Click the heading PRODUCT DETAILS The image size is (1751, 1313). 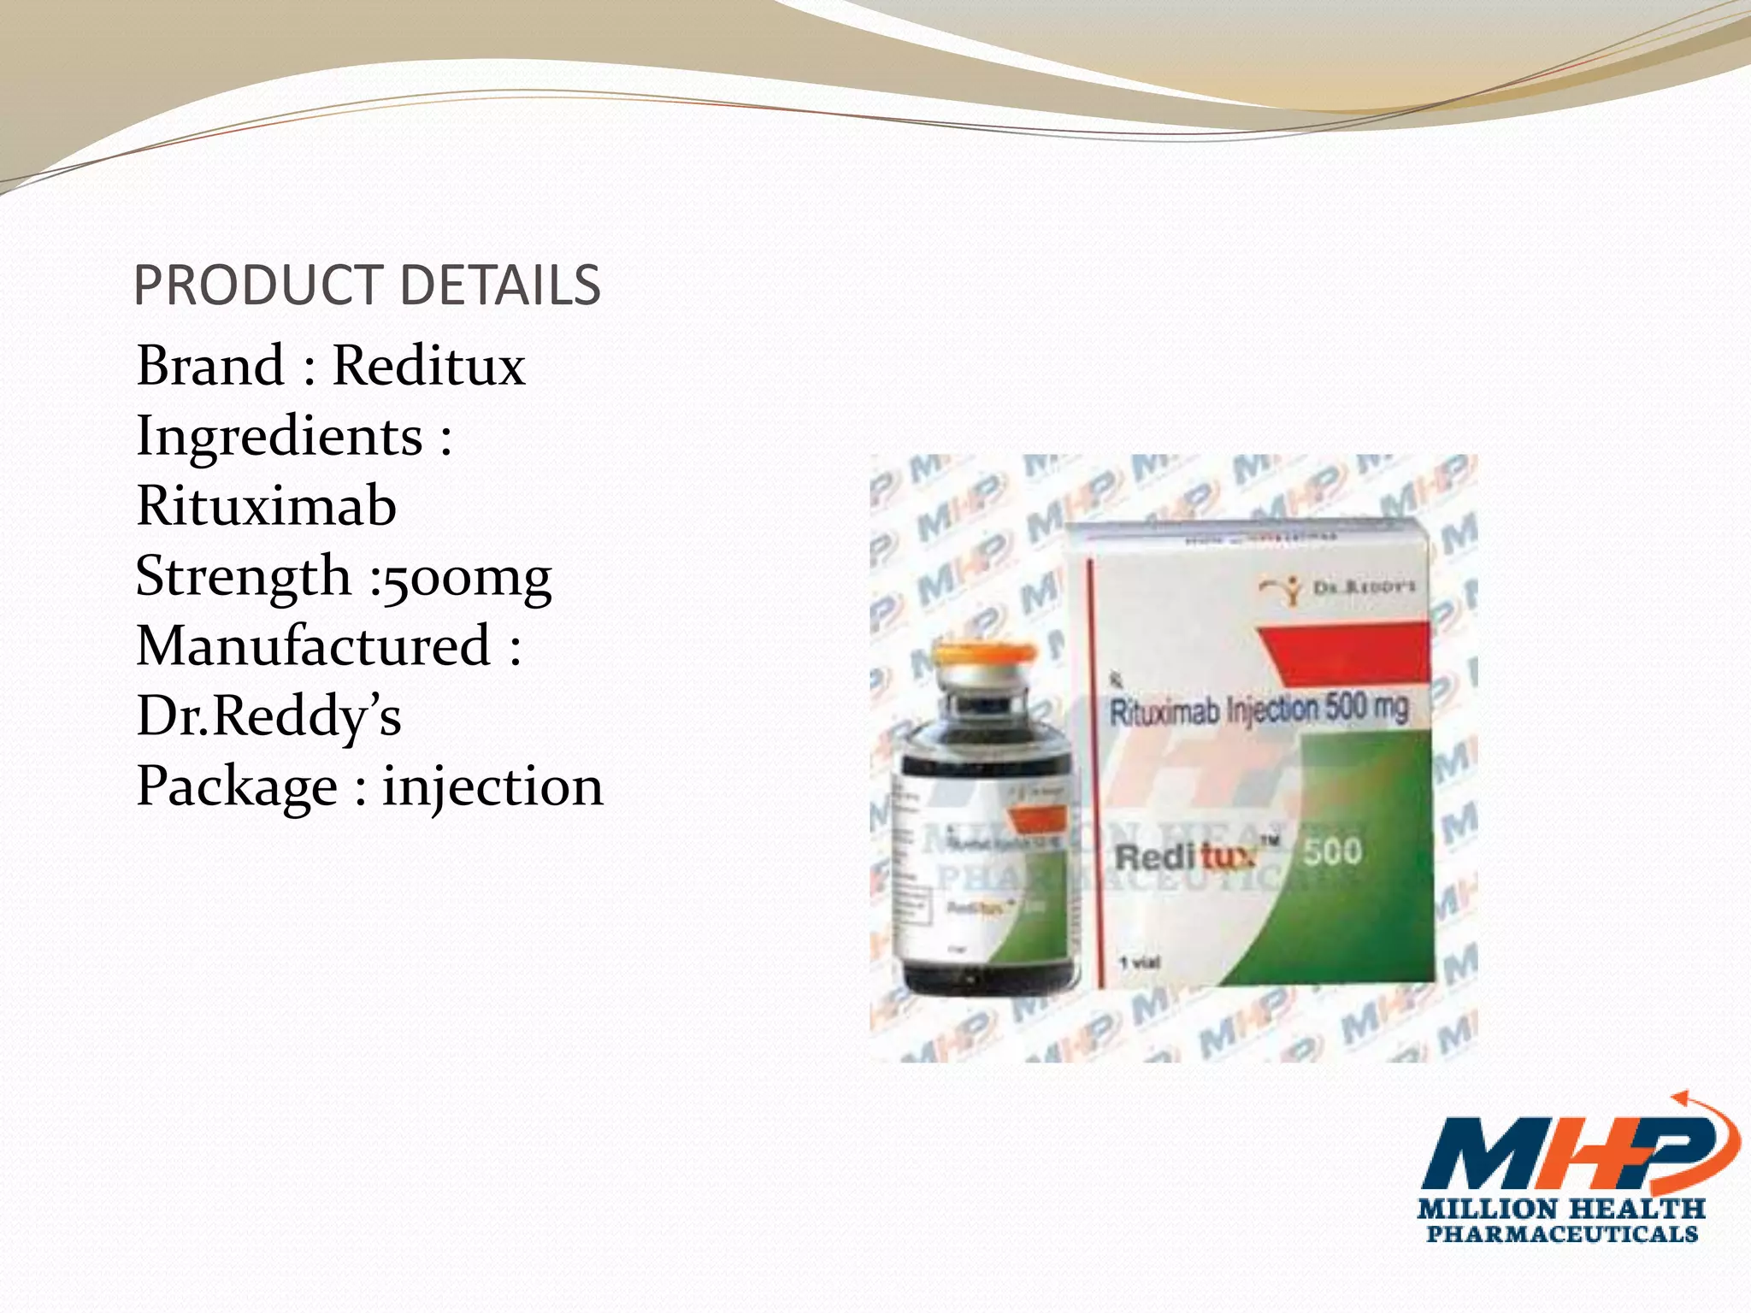[367, 286]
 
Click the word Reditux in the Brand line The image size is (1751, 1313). [428, 366]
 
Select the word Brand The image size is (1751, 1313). [210, 366]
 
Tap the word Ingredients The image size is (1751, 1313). [280, 436]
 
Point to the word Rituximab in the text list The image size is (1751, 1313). [266, 506]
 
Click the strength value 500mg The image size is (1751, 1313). [468, 578]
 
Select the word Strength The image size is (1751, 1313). [244, 576]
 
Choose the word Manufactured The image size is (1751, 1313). [313, 646]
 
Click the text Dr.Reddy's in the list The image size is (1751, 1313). [268, 716]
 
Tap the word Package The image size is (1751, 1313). [237, 787]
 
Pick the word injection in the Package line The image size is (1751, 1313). [492, 787]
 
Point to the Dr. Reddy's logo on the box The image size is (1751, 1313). [1337, 588]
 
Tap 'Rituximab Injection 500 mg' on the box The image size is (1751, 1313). [1258, 709]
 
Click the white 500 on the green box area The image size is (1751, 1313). [1332, 851]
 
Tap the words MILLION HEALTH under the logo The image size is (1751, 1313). [1560, 1210]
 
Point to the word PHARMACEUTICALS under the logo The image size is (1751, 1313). [1561, 1234]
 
